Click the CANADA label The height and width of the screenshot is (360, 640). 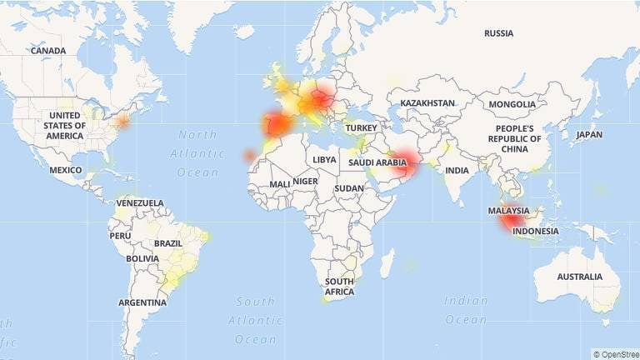47,51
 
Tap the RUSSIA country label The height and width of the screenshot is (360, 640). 499,33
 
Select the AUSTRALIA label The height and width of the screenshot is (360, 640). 579,277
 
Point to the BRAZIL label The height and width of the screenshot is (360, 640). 167,243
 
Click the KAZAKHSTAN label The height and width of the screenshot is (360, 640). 427,103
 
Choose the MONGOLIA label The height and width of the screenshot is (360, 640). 512,104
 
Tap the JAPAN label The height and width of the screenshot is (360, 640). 588,134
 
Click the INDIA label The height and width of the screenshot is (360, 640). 457,170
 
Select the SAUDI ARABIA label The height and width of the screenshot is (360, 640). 377,162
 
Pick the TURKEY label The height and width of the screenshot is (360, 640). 362,127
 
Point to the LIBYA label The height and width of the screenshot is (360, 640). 325,159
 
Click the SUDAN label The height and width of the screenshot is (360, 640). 349,188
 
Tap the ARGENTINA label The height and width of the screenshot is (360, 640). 142,302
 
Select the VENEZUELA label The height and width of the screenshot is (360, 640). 139,203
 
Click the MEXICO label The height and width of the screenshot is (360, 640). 65,170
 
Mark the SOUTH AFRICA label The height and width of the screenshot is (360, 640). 339,287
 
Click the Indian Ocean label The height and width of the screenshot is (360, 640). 466,310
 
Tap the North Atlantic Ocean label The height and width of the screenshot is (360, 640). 197,153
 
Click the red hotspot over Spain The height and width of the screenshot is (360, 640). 277,124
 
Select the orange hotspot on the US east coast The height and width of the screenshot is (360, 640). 123,121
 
